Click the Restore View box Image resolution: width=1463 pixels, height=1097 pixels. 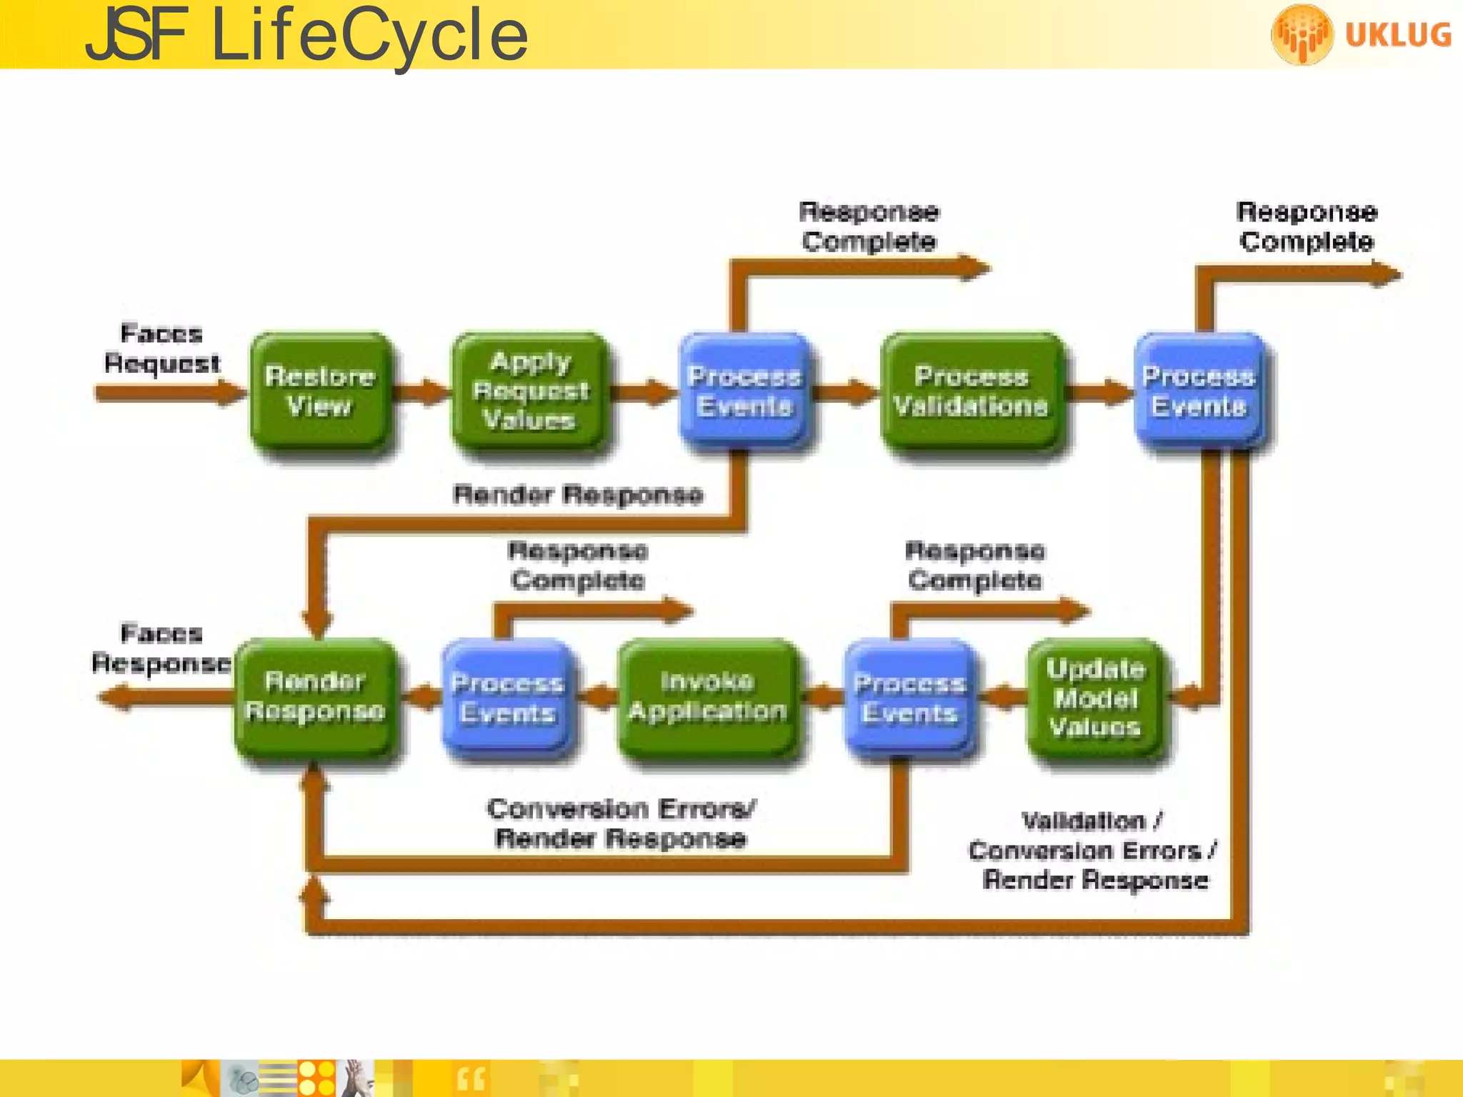[319, 391]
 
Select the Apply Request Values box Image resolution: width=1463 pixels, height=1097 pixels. [530, 391]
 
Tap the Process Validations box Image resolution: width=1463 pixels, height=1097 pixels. [972, 391]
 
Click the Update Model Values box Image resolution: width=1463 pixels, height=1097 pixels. [1095, 698]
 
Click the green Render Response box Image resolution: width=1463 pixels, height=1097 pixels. [315, 697]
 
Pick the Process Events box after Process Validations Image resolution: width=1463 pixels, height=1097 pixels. [1198, 391]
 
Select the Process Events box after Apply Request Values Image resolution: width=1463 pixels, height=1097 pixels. [744, 391]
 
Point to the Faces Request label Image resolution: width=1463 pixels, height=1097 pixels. [161, 349]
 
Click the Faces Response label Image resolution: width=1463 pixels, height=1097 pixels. [161, 648]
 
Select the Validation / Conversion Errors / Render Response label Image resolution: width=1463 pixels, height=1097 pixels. [1093, 851]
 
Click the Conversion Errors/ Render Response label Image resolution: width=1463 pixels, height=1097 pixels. [620, 823]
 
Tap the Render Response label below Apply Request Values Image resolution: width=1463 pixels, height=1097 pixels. [577, 494]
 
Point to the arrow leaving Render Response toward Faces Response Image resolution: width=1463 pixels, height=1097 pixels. [164, 696]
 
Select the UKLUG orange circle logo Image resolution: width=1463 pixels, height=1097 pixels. [1302, 34]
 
